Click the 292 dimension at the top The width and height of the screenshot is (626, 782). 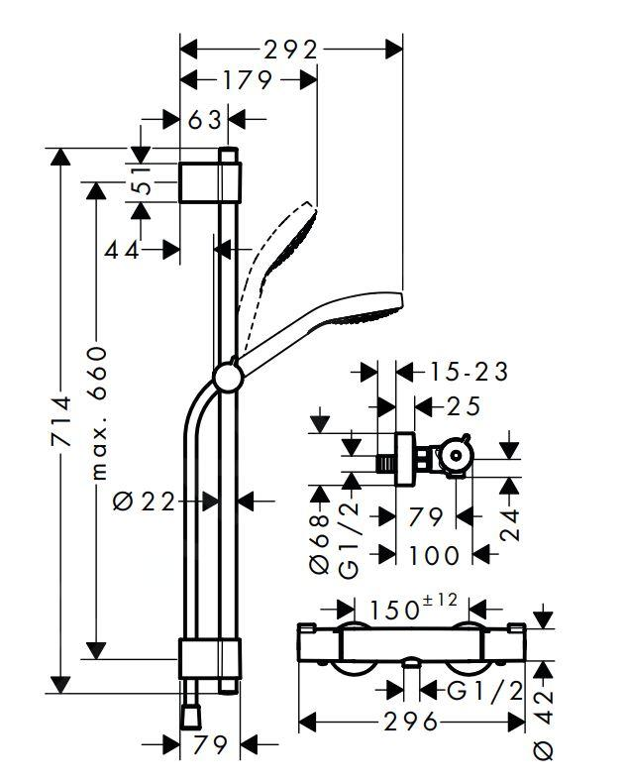point(290,50)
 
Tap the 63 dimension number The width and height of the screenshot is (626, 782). point(204,121)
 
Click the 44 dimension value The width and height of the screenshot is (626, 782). point(123,250)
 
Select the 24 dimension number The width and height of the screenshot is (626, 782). point(510,515)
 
